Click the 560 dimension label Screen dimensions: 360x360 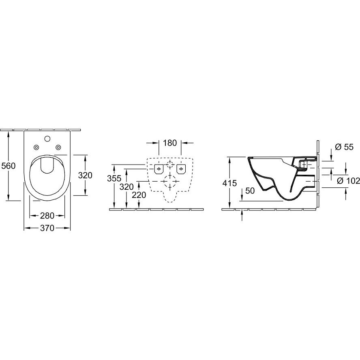pyautogui.click(x=8, y=166)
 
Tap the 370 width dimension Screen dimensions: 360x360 pyautogui.click(x=47, y=228)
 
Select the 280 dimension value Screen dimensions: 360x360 pyautogui.click(x=47, y=216)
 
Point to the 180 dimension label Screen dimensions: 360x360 pyautogui.click(x=170, y=143)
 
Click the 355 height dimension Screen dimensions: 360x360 pyautogui.click(x=114, y=178)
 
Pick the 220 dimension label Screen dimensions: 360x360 pyautogui.click(x=139, y=195)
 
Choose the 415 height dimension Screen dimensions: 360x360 pyautogui.click(x=229, y=183)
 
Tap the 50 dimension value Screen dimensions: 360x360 pyautogui.click(x=250, y=191)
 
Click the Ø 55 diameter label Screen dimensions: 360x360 pyautogui.click(x=344, y=147)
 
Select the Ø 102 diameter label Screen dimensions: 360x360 pyautogui.click(x=348, y=181)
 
